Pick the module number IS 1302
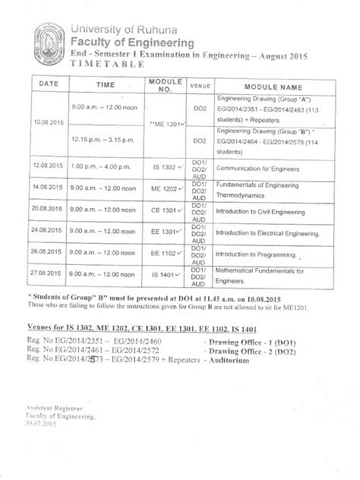point(163,164)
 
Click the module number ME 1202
point(164,186)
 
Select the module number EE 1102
point(164,252)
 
